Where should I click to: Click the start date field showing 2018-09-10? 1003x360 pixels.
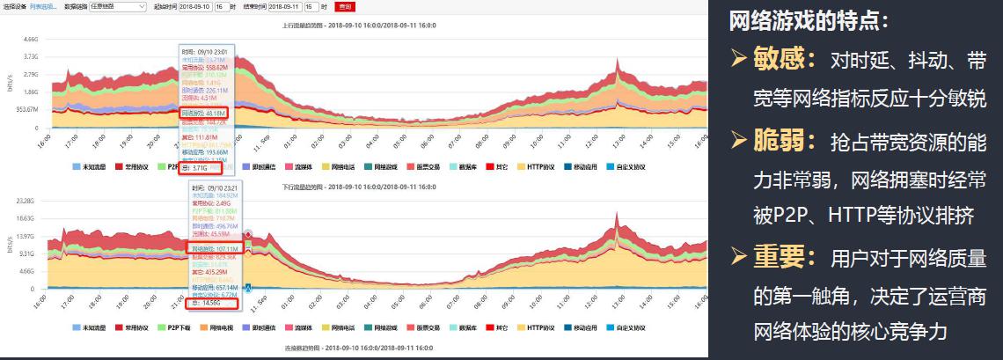click(x=194, y=6)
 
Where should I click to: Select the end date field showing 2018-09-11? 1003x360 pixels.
click(x=286, y=6)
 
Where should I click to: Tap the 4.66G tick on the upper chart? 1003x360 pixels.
click(x=30, y=40)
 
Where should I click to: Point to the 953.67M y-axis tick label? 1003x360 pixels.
click(x=26, y=109)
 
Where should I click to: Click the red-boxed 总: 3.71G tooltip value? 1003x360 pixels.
click(x=194, y=168)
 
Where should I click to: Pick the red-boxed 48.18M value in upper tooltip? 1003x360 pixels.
click(x=204, y=113)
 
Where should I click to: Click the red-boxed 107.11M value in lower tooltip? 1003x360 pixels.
click(x=215, y=249)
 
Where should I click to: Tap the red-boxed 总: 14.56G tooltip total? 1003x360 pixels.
click(x=216, y=304)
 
